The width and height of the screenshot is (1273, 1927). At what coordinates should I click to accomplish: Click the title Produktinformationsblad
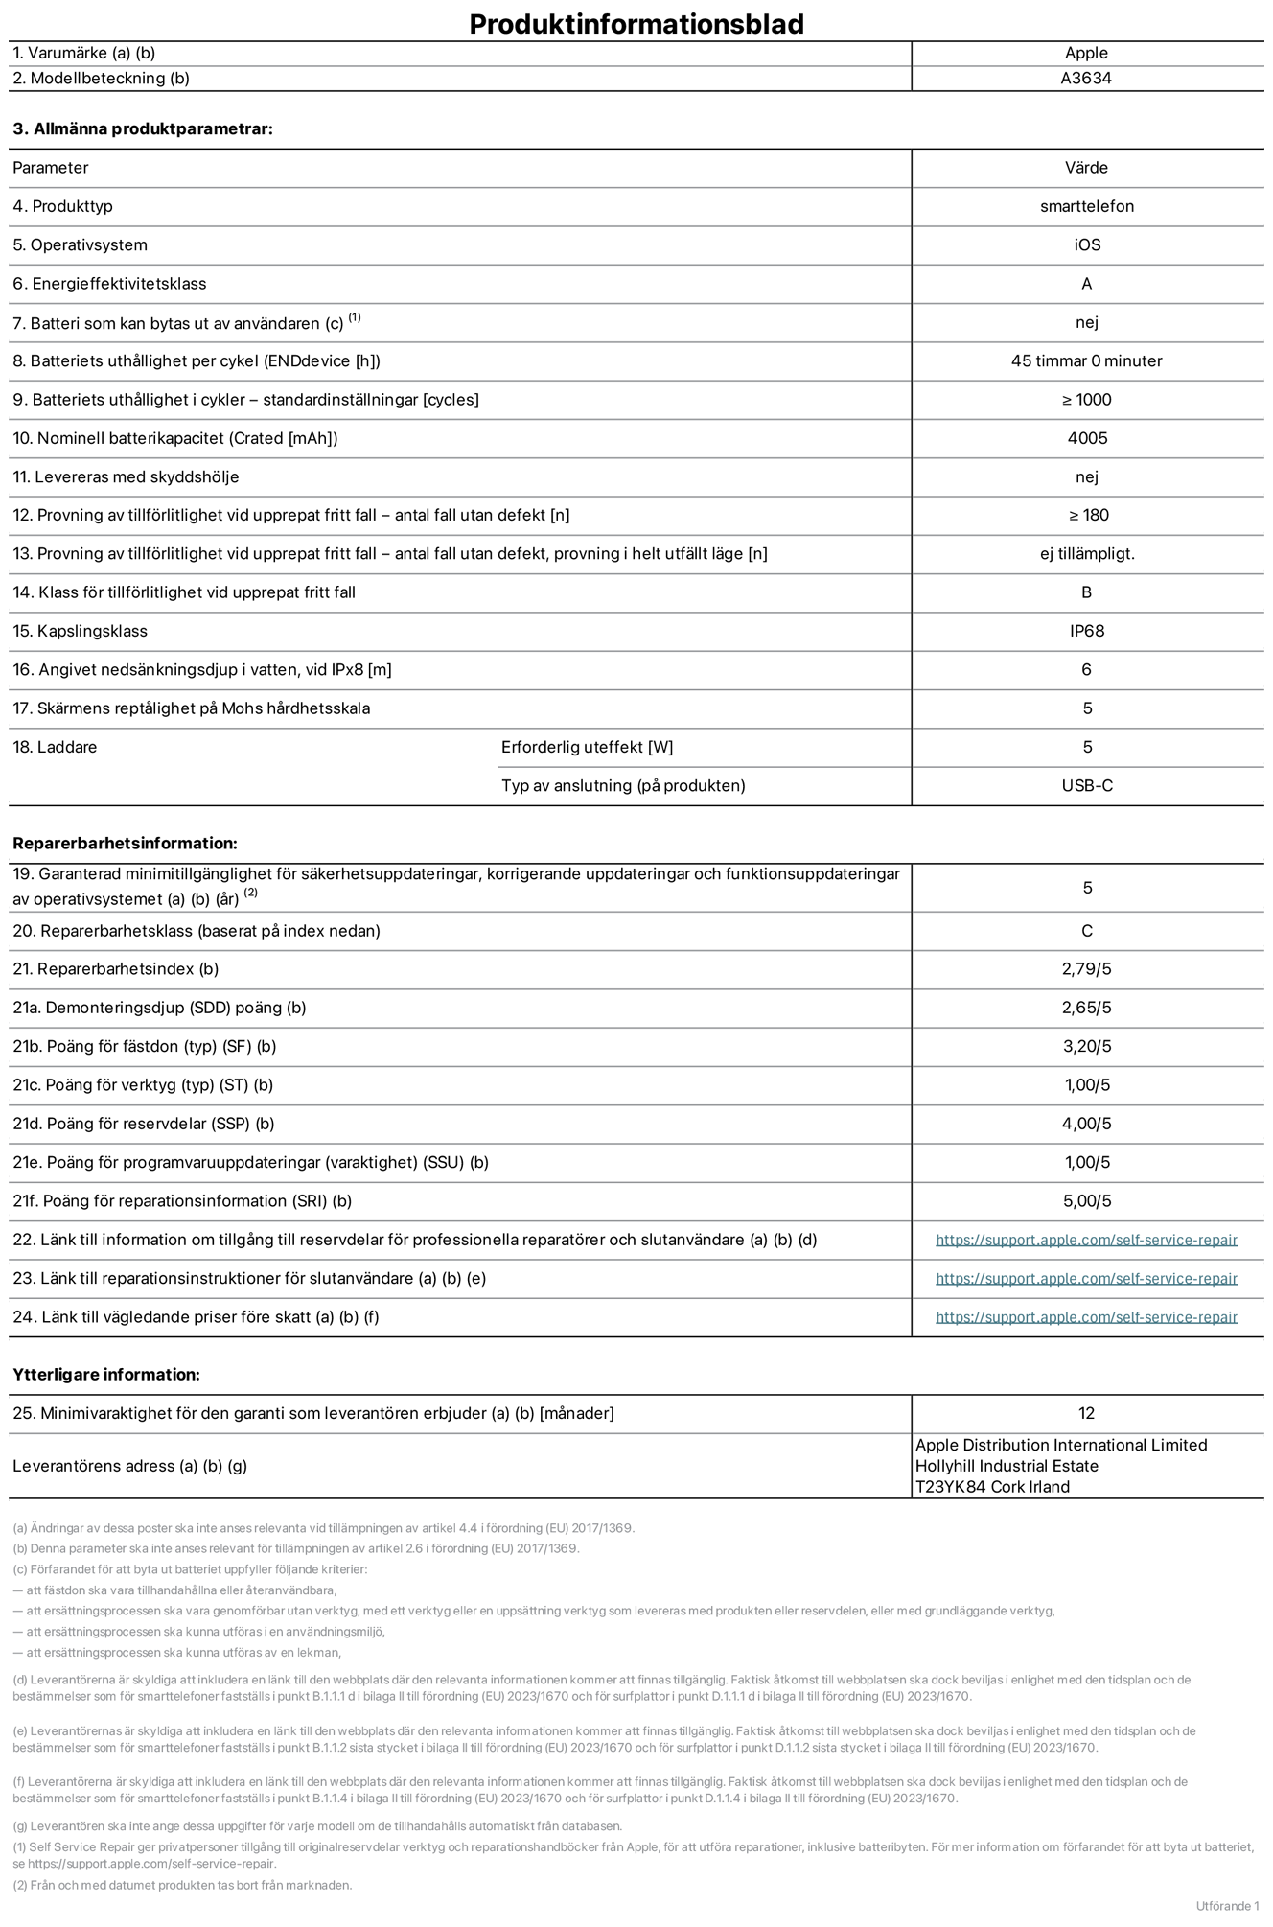point(636,24)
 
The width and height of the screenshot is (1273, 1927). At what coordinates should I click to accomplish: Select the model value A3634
point(1086,79)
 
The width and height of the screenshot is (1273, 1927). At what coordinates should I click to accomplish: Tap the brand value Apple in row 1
point(1086,54)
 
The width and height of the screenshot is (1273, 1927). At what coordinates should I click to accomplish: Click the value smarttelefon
point(1086,206)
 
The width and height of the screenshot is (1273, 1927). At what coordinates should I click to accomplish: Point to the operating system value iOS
point(1086,245)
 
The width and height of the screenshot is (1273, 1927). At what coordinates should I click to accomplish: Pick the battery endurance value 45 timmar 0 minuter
point(1086,361)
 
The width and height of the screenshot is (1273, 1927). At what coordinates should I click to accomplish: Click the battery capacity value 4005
point(1086,438)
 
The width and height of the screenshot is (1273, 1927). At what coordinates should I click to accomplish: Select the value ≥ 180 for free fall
point(1088,515)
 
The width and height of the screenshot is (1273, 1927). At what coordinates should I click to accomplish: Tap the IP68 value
point(1086,631)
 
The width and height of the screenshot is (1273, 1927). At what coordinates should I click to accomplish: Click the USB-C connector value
point(1086,786)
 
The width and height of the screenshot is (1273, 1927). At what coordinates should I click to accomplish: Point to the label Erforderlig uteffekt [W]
point(587,748)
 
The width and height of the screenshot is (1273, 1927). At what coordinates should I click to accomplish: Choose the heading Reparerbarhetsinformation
point(125,844)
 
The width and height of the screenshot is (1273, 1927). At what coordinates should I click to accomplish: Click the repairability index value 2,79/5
point(1086,969)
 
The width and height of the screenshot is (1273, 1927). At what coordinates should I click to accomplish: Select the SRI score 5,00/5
point(1086,1201)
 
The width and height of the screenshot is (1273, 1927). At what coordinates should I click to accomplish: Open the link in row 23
point(1086,1279)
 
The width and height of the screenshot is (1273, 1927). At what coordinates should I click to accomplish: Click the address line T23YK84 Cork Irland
point(992,1487)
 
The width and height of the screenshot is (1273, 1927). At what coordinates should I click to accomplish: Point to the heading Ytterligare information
point(106,1375)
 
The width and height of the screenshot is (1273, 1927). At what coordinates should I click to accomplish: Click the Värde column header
point(1086,168)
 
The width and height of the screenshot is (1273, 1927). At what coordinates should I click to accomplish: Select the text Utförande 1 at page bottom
point(1227,1905)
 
